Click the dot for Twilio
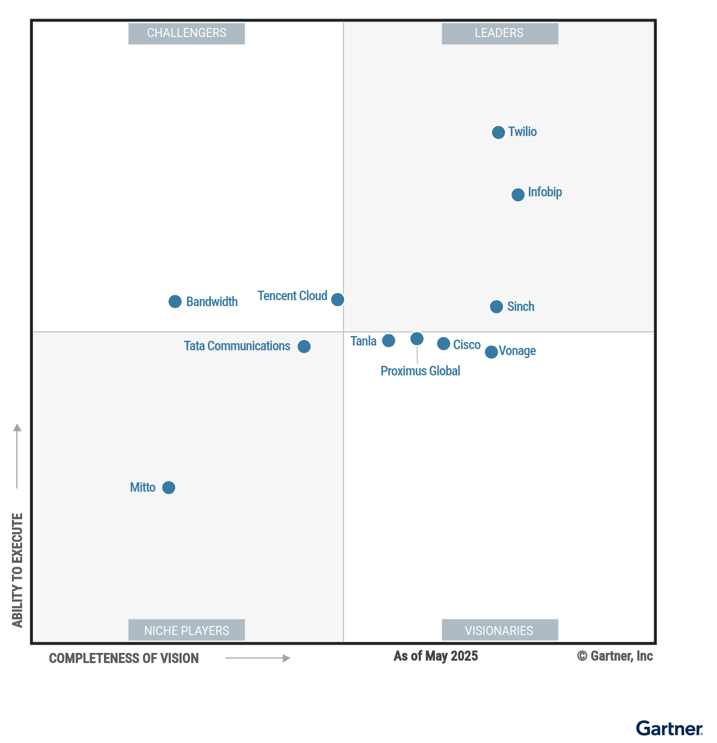[x=498, y=132]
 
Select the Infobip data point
[x=518, y=195]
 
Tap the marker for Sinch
[x=497, y=307]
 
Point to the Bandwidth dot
[x=175, y=302]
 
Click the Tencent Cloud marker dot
[x=338, y=300]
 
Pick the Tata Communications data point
[x=304, y=347]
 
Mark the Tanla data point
[x=388, y=341]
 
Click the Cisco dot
[x=443, y=344]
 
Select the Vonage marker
[x=491, y=352]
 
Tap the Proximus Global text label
[x=420, y=371]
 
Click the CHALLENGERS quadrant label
[x=186, y=33]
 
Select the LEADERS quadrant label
[x=500, y=33]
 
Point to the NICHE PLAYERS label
[x=186, y=631]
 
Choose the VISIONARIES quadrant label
[x=500, y=631]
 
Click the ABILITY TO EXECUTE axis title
[x=17, y=570]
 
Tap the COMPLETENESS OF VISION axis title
[x=124, y=659]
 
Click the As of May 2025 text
[x=436, y=656]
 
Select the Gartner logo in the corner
[x=669, y=729]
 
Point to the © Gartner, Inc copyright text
[x=615, y=656]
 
